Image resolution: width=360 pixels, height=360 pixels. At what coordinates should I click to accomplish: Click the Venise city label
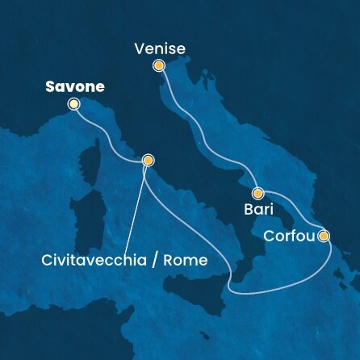[x=160, y=48]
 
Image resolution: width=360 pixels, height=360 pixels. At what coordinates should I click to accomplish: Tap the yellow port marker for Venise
[x=159, y=67]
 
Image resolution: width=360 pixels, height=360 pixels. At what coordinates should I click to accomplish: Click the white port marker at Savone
[x=74, y=104]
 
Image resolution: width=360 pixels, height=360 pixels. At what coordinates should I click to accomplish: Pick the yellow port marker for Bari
[x=258, y=194]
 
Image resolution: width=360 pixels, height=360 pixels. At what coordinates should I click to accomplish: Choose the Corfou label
[x=288, y=236]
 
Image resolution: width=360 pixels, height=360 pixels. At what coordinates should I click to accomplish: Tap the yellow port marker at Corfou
[x=324, y=237]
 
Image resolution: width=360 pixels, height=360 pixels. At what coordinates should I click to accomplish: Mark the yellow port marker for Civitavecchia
[x=148, y=161]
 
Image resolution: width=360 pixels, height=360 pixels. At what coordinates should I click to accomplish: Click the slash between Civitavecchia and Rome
[x=161, y=261]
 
